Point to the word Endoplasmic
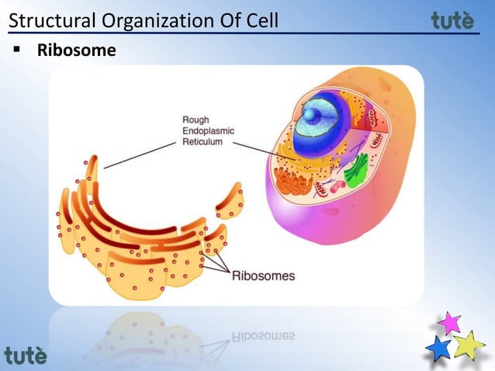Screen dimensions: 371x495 208,131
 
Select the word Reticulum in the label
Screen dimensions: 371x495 202,142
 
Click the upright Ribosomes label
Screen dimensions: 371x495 263,275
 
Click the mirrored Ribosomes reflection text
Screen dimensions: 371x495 263,335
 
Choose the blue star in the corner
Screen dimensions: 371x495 439,348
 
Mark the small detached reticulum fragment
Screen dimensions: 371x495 230,201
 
